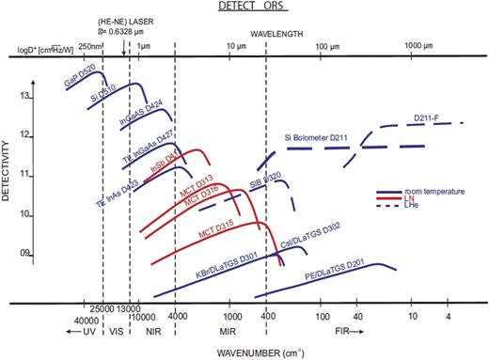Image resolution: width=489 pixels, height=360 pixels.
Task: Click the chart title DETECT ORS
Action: pyautogui.click(x=245, y=8)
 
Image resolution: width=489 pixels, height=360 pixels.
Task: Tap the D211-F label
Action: pyautogui.click(x=428, y=118)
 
